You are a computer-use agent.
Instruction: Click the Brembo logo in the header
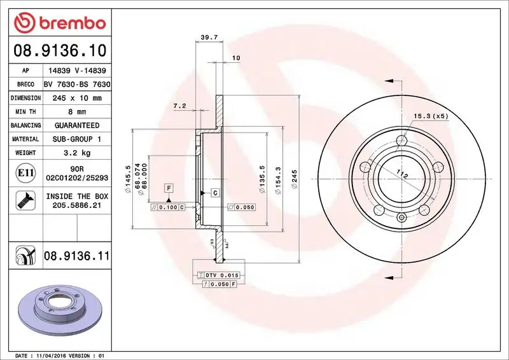[x=59, y=24]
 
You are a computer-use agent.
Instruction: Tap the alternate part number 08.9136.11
[x=77, y=256]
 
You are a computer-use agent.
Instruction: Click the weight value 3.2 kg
[x=76, y=153]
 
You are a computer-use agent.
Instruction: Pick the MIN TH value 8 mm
[x=76, y=112]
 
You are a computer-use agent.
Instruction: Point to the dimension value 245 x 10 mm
[x=76, y=98]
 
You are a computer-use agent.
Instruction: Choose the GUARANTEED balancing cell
[x=76, y=125]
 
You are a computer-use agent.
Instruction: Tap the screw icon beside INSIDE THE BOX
[x=22, y=202]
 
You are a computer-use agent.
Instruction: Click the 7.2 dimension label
[x=179, y=106]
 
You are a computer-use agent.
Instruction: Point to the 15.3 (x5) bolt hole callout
[x=431, y=116]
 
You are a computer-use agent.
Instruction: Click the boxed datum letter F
[x=169, y=188]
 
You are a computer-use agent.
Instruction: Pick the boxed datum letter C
[x=215, y=192]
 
